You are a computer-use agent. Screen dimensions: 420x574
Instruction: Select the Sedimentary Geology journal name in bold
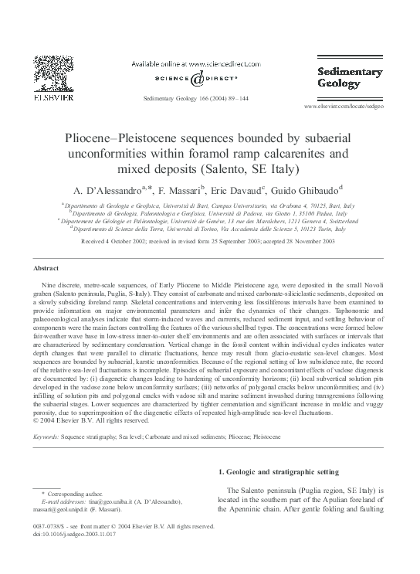[350, 79]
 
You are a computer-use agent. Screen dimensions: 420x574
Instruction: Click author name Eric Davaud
[239, 190]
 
